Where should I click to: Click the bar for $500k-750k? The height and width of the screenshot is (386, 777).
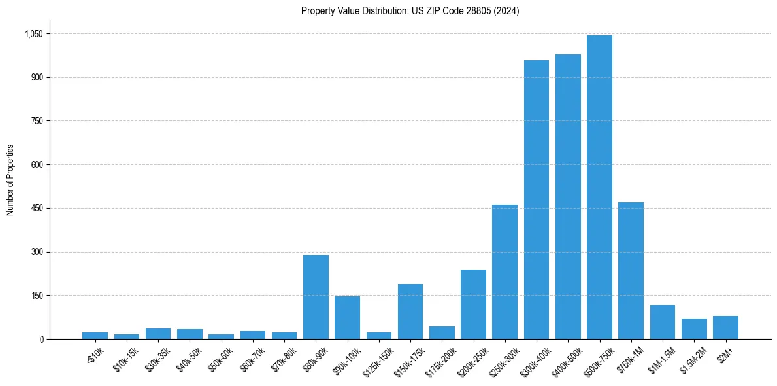pyautogui.click(x=599, y=187)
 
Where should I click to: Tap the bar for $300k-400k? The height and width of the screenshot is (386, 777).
pyautogui.click(x=537, y=200)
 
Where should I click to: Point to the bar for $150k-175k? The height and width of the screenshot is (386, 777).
pyautogui.click(x=410, y=311)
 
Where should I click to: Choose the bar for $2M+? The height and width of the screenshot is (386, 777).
pyautogui.click(x=725, y=327)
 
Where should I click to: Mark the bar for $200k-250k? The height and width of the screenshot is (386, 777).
pyautogui.click(x=473, y=304)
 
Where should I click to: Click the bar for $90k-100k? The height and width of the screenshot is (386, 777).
pyautogui.click(x=347, y=317)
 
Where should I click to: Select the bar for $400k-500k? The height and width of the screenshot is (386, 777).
pyautogui.click(x=568, y=196)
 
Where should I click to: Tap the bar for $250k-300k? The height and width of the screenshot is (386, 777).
pyautogui.click(x=504, y=272)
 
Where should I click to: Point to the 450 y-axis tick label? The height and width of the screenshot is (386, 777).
pyautogui.click(x=37, y=208)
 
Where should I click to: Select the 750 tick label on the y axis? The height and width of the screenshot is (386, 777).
pyautogui.click(x=37, y=121)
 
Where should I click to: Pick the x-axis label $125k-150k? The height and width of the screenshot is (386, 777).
pyautogui.click(x=376, y=361)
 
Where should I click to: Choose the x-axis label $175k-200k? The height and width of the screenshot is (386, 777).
pyautogui.click(x=439, y=361)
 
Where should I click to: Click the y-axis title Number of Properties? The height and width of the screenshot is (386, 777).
pyautogui.click(x=10, y=180)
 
